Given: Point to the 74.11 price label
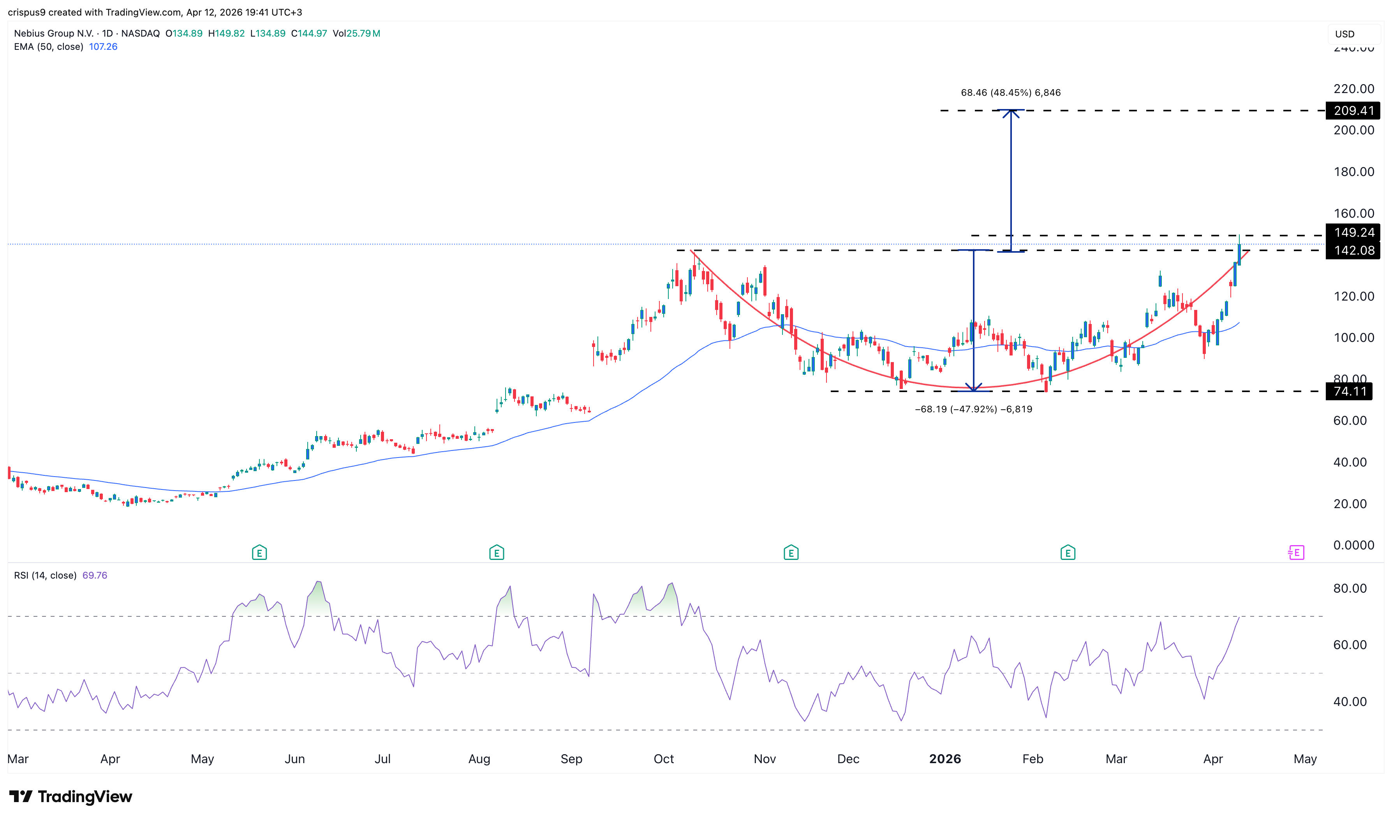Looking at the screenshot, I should click(1350, 392).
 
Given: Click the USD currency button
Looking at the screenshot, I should click(1344, 34).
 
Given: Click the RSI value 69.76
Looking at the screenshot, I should click(95, 575).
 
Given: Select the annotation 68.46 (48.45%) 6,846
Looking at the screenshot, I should click(1010, 93).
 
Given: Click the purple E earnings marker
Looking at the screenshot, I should click(1297, 552).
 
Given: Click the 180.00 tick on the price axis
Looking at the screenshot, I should click(1353, 172).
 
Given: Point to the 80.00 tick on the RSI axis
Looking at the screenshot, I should click(1350, 588).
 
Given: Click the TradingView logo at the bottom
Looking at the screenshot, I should click(71, 796).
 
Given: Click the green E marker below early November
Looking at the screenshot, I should click(791, 552).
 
